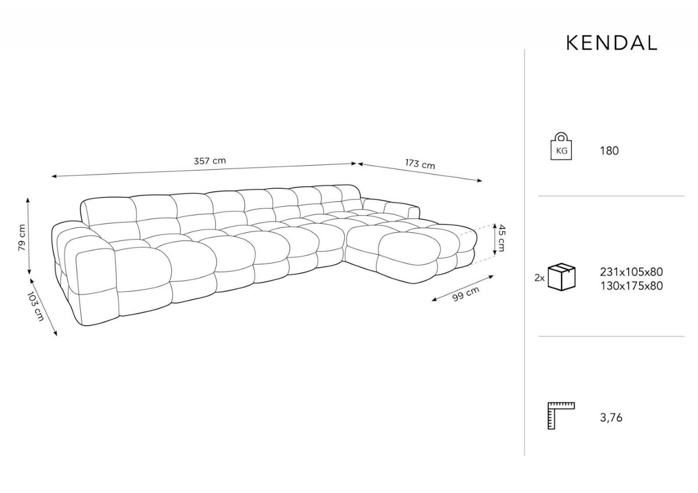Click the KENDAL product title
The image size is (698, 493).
click(612, 43)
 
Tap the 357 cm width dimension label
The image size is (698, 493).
click(210, 161)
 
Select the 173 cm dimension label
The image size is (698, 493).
click(420, 164)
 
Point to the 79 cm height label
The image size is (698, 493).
click(22, 237)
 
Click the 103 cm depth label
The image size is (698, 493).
click(35, 306)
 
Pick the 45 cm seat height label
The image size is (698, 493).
click(501, 238)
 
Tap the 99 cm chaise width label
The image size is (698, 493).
click(466, 293)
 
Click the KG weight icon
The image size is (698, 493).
click(561, 146)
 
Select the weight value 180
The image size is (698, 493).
click(609, 151)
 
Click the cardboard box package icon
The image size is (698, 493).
click(562, 277)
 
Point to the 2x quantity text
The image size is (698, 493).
click(539, 278)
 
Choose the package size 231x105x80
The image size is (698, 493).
click(631, 272)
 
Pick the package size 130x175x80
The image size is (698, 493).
click(631, 286)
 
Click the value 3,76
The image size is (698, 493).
click(611, 418)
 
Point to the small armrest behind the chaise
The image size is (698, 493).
click(391, 207)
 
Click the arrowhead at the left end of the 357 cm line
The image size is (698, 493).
click(53, 176)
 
